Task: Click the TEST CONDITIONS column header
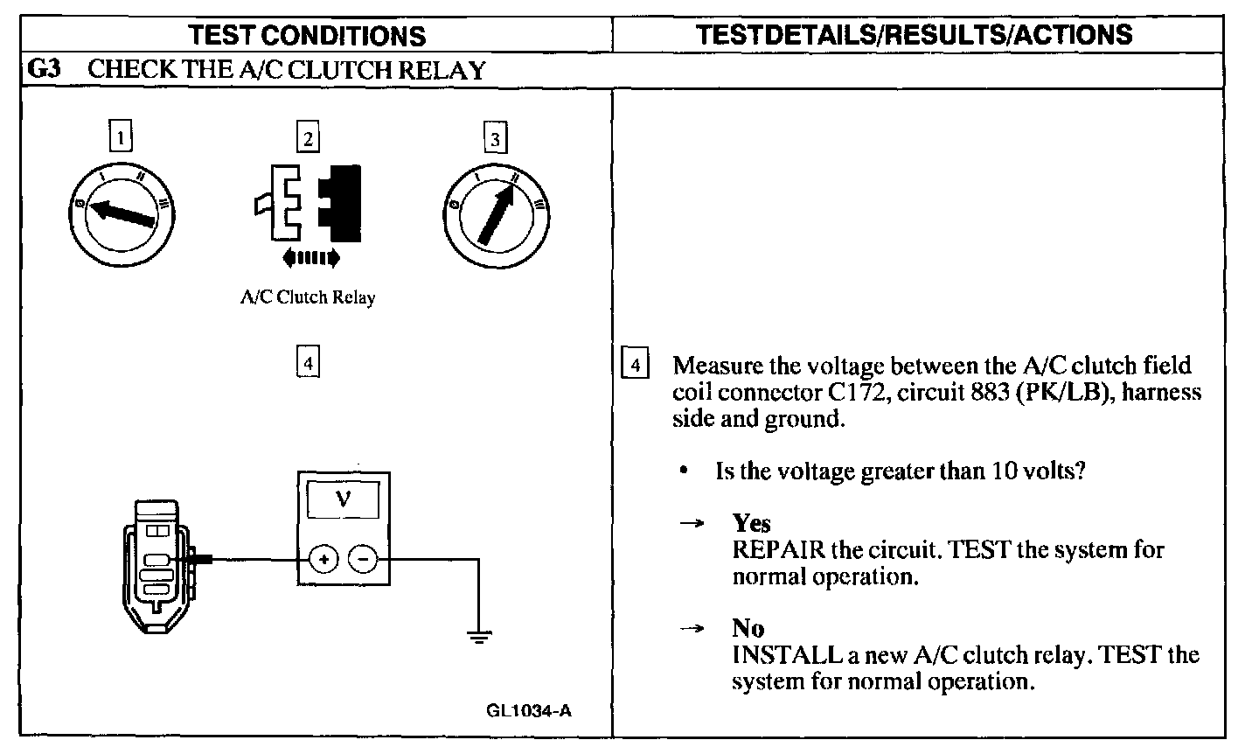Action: point(307,36)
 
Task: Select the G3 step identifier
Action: point(44,69)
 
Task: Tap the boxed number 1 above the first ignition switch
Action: point(121,136)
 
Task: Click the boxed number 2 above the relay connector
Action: point(308,136)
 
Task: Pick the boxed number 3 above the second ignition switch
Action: point(495,137)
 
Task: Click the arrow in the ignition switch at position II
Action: point(497,214)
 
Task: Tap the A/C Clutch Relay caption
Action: point(308,297)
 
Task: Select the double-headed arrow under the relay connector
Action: point(311,258)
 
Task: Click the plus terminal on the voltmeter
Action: point(323,559)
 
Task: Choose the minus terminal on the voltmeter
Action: point(363,559)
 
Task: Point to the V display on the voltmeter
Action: point(343,499)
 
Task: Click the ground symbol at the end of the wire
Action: point(479,637)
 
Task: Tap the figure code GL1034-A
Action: point(529,711)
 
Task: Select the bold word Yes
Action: point(752,524)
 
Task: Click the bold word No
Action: point(748,628)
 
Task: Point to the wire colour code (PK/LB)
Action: point(1066,392)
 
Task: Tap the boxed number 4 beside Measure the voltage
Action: point(635,364)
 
